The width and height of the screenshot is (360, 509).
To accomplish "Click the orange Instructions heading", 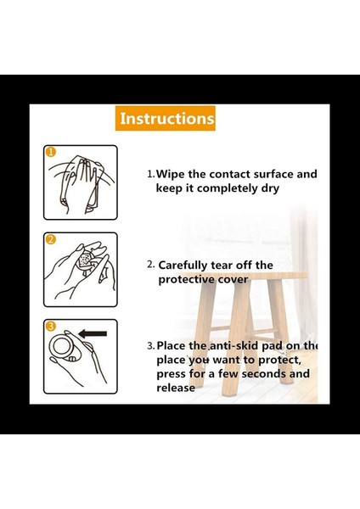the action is tap(166, 118).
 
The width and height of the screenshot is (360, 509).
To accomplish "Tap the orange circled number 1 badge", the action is tap(51, 152).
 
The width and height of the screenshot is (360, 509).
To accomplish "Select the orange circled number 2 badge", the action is tap(51, 239).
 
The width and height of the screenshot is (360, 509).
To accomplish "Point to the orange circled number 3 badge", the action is tap(51, 327).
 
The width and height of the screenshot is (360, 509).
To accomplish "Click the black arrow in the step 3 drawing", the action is tap(93, 333).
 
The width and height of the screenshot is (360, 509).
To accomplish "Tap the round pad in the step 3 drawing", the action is tap(61, 346).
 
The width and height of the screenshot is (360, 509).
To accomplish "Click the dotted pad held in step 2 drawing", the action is tap(86, 260).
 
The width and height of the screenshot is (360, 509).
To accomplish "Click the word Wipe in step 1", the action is tap(171, 174).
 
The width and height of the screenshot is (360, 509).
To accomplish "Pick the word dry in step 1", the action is tap(270, 188).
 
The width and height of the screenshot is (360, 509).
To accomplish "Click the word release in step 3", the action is tap(176, 388).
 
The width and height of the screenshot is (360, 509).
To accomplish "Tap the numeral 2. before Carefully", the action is tap(150, 265).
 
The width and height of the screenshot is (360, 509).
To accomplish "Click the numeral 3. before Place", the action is tap(151, 346).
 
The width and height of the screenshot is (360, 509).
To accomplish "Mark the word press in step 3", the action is tap(172, 374).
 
